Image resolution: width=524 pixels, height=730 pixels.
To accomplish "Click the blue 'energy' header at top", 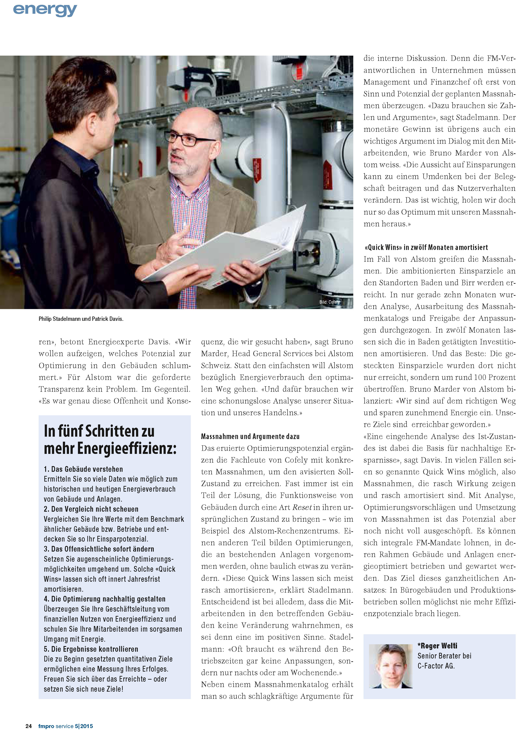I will (x=45, y=10).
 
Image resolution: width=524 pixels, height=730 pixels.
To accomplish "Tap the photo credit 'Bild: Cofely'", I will (x=329, y=302).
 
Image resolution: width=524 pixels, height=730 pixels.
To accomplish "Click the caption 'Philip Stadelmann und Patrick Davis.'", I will (x=81, y=319).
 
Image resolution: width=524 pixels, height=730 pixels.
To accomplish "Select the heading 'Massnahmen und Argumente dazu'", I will (x=250, y=436).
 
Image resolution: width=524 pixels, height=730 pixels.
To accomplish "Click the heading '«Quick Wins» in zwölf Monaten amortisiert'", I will (x=426, y=247).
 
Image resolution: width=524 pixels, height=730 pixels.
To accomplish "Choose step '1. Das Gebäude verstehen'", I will (x=83, y=469).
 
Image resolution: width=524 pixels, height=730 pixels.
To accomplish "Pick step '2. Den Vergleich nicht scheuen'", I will (x=91, y=509).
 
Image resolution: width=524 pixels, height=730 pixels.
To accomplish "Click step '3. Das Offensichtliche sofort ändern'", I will (x=99, y=549).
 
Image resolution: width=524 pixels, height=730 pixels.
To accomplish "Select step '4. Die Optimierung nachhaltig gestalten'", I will (x=104, y=599).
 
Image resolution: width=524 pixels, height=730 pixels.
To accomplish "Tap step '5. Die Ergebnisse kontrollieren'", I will (x=91, y=649).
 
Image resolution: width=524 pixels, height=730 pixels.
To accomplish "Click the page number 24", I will (x=28, y=726).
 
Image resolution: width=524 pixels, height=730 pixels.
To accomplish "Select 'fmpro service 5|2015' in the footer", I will (x=65, y=726).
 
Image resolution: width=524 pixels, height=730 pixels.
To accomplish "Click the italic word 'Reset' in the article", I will (x=302, y=507).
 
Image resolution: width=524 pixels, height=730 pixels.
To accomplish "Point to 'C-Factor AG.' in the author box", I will (x=436, y=666).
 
